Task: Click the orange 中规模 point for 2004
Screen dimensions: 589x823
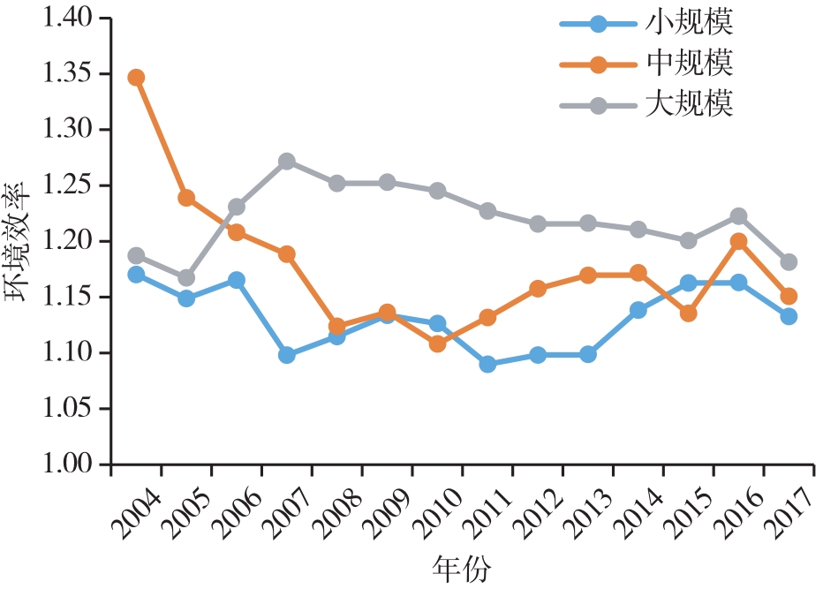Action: coord(136,78)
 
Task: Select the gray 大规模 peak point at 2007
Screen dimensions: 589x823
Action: coord(286,162)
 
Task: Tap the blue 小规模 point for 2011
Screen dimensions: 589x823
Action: coord(487,364)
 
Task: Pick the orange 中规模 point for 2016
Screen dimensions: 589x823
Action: coord(738,242)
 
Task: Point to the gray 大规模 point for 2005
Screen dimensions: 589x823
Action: coord(186,278)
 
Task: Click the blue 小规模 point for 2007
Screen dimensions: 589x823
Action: coord(286,355)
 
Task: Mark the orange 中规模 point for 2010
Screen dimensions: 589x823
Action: coord(437,344)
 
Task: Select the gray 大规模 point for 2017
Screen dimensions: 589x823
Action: coord(789,262)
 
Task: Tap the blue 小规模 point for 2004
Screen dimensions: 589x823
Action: coord(136,275)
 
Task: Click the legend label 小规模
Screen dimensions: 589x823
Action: coord(690,22)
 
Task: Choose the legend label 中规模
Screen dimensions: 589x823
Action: coord(690,64)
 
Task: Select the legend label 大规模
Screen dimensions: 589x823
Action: coord(690,105)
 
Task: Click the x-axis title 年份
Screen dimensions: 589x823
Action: coord(462,567)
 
